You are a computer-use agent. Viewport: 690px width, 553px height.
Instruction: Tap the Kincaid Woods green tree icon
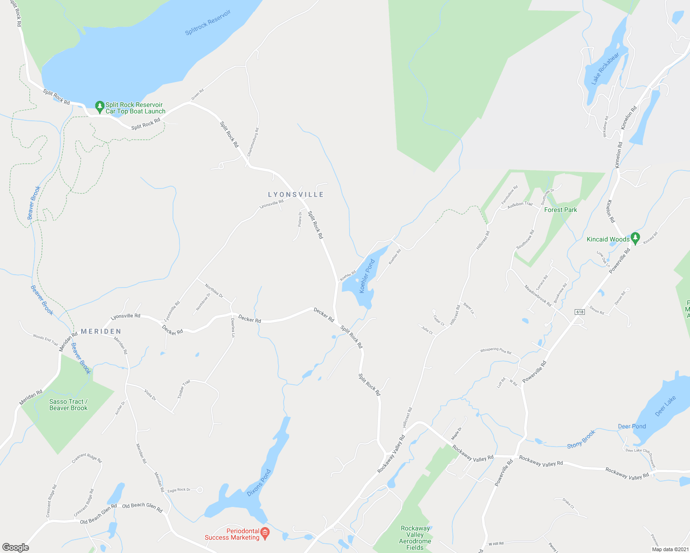[636, 238]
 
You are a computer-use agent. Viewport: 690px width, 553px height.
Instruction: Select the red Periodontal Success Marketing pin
[265, 534]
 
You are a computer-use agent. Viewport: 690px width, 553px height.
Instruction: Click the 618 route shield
[580, 312]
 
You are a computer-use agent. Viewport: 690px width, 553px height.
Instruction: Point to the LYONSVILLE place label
[296, 195]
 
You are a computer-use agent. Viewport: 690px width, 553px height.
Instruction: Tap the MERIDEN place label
[101, 331]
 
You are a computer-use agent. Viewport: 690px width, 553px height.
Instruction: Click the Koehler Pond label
[367, 276]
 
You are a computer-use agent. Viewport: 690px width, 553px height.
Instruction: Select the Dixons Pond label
[259, 482]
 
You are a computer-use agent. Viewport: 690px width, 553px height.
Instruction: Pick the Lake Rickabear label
[605, 69]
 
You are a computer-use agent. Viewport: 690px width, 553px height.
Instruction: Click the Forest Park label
[560, 210]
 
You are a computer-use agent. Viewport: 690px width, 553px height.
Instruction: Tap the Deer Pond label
[632, 426]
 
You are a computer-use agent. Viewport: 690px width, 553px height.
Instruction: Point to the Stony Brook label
[581, 439]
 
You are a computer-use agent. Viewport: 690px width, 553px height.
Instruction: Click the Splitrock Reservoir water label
[208, 23]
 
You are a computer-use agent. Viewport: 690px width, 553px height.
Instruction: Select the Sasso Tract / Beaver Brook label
[68, 405]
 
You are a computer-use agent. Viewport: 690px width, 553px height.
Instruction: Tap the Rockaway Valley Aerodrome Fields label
[415, 538]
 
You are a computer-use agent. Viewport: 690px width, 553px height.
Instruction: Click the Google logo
[16, 547]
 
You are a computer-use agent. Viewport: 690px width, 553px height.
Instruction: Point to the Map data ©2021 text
[669, 549]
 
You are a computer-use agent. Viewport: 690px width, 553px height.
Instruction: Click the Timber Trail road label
[184, 390]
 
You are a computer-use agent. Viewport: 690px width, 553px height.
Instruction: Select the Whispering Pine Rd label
[495, 351]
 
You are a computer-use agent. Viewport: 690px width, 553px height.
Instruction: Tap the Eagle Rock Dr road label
[178, 490]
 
